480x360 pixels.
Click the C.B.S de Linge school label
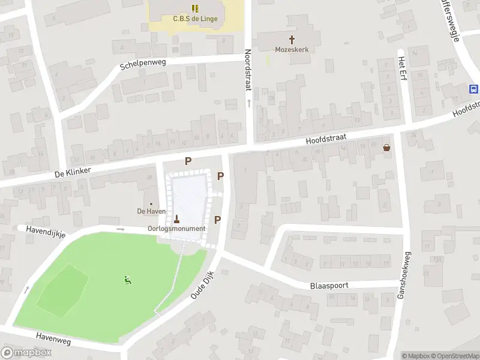point(195,19)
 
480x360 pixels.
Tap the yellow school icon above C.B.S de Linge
point(195,8)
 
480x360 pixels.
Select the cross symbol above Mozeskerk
point(292,40)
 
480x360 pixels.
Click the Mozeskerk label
point(292,50)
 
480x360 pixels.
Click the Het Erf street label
point(402,70)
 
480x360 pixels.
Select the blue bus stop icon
point(473,89)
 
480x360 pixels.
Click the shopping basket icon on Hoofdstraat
point(387,148)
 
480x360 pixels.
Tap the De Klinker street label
point(72,172)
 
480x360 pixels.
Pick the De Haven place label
point(151,211)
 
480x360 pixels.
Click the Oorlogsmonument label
point(176,229)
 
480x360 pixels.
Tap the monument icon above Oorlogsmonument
point(176,218)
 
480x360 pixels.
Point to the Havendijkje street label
point(44,229)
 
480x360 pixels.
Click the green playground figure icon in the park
point(127,280)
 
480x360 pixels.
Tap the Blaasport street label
point(329,286)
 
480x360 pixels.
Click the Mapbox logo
point(26,353)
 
